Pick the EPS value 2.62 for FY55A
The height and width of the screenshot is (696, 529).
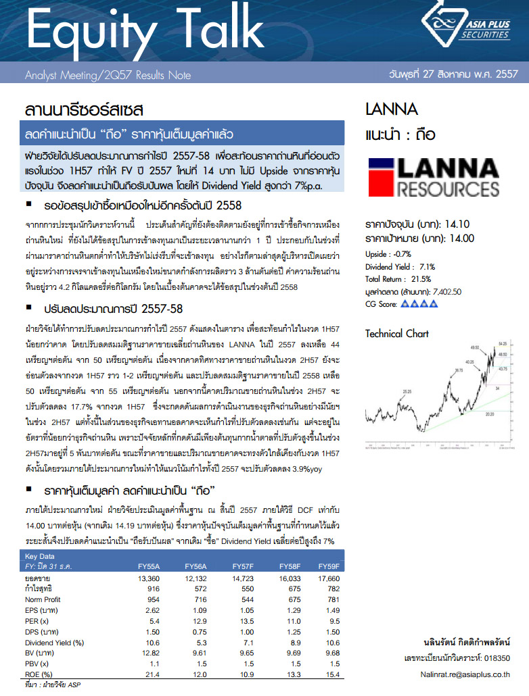tap(148, 610)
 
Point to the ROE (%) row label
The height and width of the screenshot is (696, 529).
tap(39, 674)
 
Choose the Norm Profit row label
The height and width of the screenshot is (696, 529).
tap(43, 599)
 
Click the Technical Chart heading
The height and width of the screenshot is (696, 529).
tap(396, 333)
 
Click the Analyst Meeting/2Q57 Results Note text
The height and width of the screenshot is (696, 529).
tap(108, 76)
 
